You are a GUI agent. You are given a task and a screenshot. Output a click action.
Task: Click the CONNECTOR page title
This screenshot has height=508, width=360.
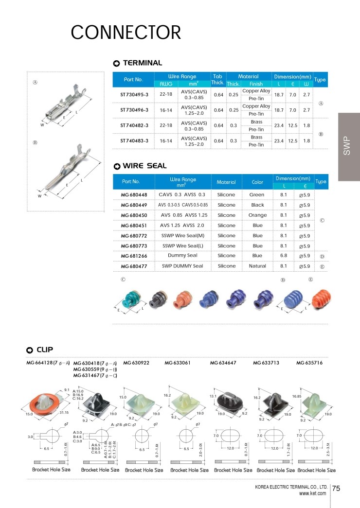pyautogui.click(x=126, y=33)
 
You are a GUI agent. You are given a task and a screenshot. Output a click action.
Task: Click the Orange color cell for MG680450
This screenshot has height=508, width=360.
pyautogui.click(x=257, y=215)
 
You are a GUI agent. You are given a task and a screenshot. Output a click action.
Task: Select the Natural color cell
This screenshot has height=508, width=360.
pyautogui.click(x=257, y=266)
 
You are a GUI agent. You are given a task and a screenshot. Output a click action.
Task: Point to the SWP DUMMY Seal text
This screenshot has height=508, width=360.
pyautogui.click(x=182, y=266)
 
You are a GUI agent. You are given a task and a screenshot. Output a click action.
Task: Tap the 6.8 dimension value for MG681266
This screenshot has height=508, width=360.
pyautogui.click(x=284, y=256)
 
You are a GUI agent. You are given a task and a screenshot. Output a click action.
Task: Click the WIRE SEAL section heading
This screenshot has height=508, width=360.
pyautogui.click(x=144, y=166)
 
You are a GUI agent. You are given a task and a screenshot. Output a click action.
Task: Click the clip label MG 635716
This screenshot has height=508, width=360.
pyautogui.click(x=309, y=363)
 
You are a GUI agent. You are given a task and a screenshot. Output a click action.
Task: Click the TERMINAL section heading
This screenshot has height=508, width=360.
pyautogui.click(x=142, y=63)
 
